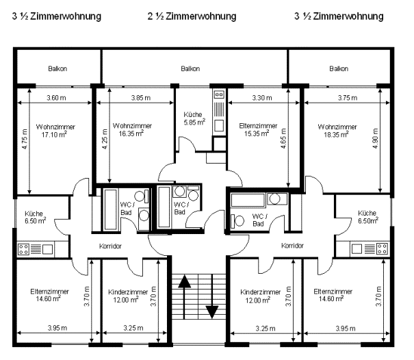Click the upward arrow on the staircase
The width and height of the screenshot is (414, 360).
184,297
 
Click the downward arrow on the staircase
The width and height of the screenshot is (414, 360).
212,297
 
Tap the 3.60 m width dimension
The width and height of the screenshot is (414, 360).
56,98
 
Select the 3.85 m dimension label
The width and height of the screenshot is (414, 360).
141,98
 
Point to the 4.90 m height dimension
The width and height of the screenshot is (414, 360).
376,138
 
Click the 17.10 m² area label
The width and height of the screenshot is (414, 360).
54,135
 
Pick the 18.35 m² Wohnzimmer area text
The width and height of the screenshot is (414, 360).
336,134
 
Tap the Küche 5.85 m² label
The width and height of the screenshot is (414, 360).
194,118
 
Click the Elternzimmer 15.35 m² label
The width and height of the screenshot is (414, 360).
258,129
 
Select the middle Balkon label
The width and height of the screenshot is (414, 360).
190,69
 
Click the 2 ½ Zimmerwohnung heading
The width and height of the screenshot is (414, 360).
192,16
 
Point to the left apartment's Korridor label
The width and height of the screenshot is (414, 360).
110,246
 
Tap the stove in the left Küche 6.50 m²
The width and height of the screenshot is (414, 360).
23,249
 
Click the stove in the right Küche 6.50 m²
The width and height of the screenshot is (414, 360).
382,248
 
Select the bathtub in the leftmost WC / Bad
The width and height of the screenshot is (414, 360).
110,209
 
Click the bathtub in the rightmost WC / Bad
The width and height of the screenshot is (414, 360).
248,200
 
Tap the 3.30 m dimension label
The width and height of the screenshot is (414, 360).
262,98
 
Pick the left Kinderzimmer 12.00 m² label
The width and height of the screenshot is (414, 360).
128,296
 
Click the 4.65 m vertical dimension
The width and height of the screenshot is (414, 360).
283,138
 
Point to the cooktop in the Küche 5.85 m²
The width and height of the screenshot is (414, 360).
219,94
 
